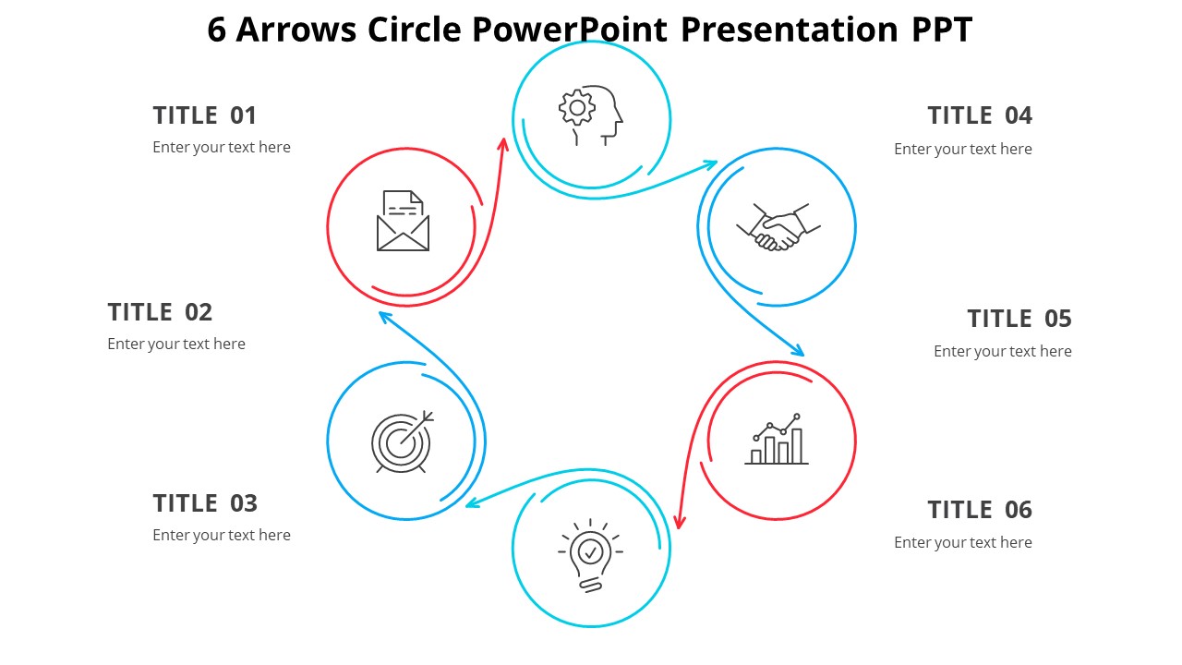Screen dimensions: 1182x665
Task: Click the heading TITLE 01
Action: (x=205, y=115)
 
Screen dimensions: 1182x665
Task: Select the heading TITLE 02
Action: (x=160, y=312)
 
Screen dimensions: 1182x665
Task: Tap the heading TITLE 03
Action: (x=205, y=503)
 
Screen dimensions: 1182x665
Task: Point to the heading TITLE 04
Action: (x=980, y=115)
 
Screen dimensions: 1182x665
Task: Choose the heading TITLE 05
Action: (x=1019, y=319)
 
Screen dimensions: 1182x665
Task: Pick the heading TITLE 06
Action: (x=980, y=510)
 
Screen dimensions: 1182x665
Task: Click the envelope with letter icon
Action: (x=404, y=221)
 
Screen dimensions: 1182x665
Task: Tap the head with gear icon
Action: (x=590, y=115)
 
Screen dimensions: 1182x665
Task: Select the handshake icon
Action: (x=778, y=227)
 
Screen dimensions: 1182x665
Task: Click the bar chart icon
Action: (x=777, y=439)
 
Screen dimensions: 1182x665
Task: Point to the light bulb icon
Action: (x=590, y=556)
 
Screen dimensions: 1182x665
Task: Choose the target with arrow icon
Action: (x=403, y=442)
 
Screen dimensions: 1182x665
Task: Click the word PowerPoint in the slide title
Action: (x=570, y=29)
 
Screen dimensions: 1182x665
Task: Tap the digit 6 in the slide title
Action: (x=217, y=29)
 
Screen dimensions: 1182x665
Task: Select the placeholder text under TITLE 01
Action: (x=222, y=147)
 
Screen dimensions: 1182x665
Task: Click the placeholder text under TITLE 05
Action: (x=1003, y=352)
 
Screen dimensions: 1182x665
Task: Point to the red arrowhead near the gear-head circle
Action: (x=504, y=145)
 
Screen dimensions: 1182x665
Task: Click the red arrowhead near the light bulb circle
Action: (x=680, y=522)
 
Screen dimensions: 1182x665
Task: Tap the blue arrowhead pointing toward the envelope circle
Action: (x=385, y=317)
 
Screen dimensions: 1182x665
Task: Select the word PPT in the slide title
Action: (x=942, y=29)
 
